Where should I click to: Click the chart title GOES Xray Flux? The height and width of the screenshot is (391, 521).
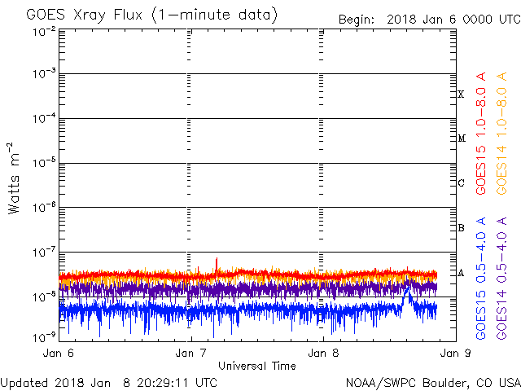(85, 15)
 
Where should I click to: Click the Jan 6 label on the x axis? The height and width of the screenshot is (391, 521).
(59, 353)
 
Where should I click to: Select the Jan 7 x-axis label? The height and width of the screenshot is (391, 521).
(190, 353)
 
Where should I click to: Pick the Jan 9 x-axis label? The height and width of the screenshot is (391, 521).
(456, 353)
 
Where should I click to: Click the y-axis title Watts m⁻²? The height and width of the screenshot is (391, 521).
(14, 178)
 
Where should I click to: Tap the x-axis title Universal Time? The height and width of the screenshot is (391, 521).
(257, 366)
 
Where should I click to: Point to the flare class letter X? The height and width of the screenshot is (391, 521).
(461, 94)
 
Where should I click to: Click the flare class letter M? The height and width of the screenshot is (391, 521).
(462, 138)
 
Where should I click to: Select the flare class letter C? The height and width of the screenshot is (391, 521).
(461, 182)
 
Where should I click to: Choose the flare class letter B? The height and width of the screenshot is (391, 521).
(461, 228)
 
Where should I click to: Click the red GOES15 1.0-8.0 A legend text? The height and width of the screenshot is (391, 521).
(481, 134)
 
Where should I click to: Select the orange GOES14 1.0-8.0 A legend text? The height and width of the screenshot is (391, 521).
(501, 134)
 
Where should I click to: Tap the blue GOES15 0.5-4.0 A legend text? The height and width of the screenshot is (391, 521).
(481, 279)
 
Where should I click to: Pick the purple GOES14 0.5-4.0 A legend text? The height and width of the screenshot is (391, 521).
(501, 279)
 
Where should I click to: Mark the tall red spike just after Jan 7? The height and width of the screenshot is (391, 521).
(217, 266)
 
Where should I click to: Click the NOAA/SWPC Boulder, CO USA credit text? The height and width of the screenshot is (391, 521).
(433, 383)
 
